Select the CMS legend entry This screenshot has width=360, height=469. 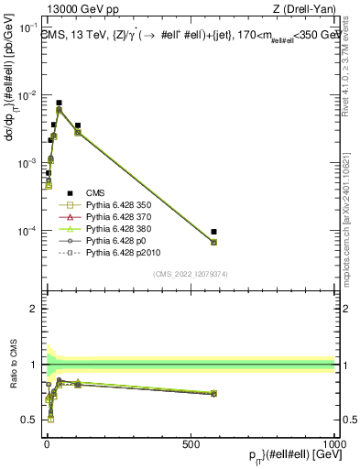98,193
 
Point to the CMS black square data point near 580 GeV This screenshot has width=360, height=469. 213,232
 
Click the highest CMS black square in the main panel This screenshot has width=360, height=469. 59,104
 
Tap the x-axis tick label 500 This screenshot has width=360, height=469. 191,443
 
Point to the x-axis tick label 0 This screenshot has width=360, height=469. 47,443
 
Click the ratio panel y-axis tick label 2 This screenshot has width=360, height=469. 33,309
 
